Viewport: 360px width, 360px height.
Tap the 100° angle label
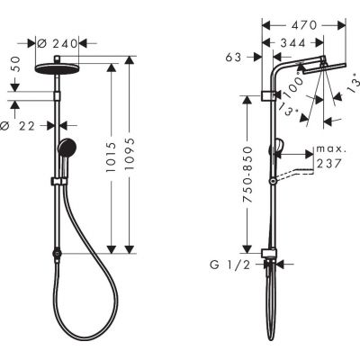[x=290, y=86]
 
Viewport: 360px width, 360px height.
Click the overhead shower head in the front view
[x=59, y=65]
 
